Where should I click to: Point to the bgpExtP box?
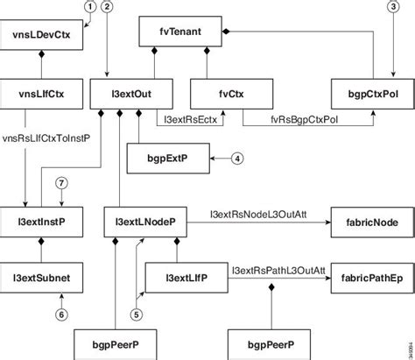pyautogui.click(x=165, y=159)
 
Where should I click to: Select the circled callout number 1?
pyautogui.click(x=88, y=7)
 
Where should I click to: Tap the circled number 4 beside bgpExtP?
pyautogui.click(x=236, y=159)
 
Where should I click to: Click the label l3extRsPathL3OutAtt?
pyautogui.click(x=278, y=269)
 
